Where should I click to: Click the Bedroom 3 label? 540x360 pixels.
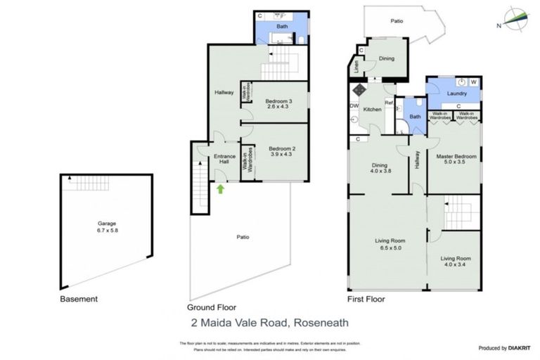tap(280, 104)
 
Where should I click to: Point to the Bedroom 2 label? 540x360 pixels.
tap(281, 151)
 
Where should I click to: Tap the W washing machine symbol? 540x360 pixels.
tap(473, 82)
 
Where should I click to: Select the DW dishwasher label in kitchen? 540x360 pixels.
tap(354, 106)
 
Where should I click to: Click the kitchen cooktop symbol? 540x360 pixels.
tap(358, 89)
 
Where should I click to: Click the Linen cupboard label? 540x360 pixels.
tap(357, 68)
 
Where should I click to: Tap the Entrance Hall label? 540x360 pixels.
tap(224, 160)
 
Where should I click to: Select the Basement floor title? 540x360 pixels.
tap(79, 299)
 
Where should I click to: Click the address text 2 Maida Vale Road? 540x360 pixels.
tap(269, 323)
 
